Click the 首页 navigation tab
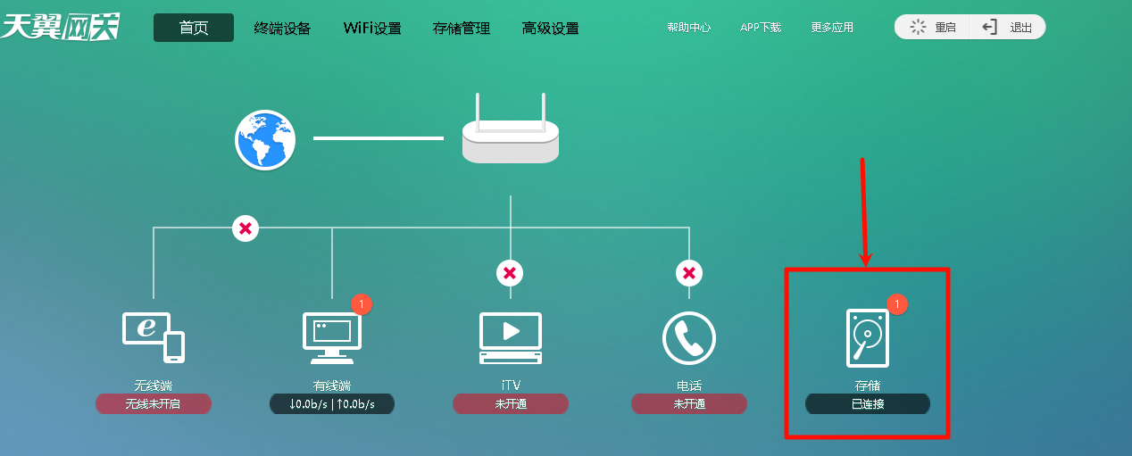(194, 28)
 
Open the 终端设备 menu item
(282, 28)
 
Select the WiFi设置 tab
(372, 28)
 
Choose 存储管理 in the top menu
(462, 28)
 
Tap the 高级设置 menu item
(551, 28)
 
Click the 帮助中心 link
(689, 28)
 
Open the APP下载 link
(761, 28)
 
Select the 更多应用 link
(832, 28)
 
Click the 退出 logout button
(1009, 27)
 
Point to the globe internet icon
(265, 139)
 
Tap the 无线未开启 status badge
(154, 404)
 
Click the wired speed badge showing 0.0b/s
(332, 404)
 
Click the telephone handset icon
(689, 337)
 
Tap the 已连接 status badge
(868, 404)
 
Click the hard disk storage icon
(868, 337)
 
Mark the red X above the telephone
(689, 272)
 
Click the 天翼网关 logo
(61, 27)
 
